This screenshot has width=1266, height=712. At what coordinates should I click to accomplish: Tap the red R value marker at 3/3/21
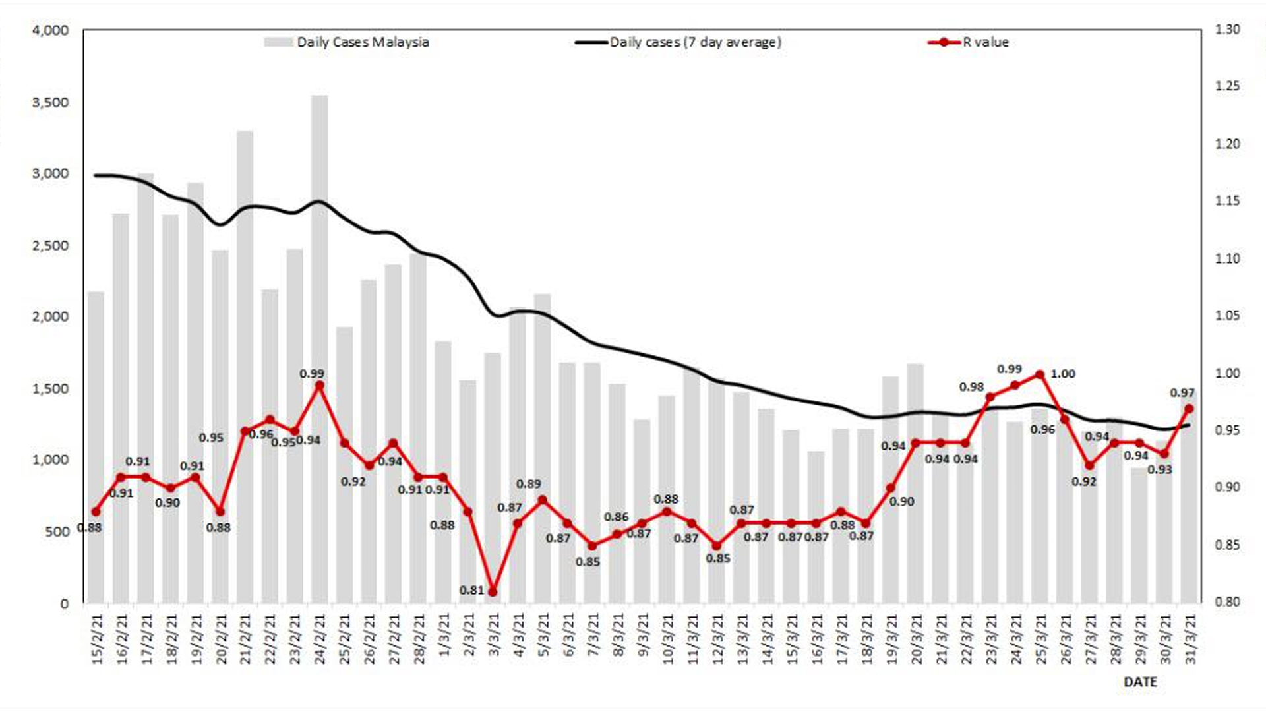493,592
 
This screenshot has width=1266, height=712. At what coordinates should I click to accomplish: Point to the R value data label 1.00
1062,374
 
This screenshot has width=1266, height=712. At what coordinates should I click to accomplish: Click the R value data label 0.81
472,590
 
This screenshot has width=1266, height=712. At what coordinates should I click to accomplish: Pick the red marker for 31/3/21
1189,409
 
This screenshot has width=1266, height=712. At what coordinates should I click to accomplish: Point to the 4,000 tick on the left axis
50,30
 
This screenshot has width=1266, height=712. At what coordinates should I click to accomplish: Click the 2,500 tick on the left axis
50,245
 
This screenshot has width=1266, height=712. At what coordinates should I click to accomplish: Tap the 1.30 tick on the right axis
1227,30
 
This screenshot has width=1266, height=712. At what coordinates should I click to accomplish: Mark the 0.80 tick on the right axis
1227,602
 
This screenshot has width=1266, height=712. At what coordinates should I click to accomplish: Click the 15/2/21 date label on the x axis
97,639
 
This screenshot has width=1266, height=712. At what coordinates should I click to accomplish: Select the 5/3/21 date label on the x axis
543,639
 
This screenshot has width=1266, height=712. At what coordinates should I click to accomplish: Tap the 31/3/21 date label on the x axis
1190,639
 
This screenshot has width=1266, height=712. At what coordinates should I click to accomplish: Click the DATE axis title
1140,682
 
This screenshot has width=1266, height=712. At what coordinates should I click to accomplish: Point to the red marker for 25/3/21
1040,374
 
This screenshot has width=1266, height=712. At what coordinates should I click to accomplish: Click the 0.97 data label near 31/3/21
1182,393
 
